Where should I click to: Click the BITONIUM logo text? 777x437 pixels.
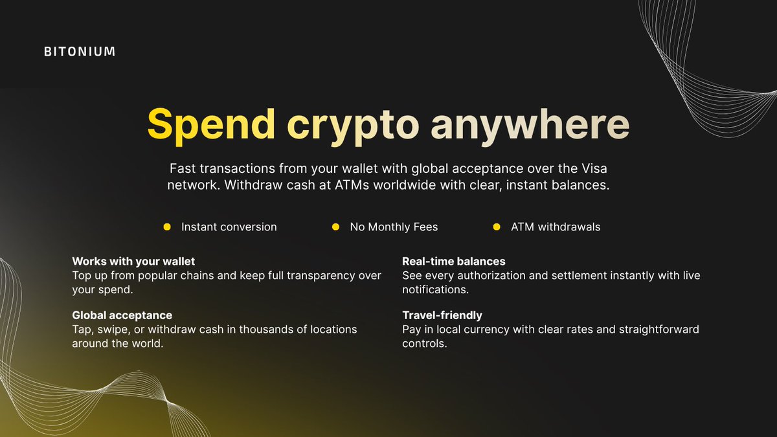coord(80,51)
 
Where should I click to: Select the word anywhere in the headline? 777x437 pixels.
coord(530,124)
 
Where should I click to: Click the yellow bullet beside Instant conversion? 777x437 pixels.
coord(166,227)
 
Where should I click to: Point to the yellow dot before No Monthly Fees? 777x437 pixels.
coord(335,227)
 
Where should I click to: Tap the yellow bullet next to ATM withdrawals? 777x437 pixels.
coord(497,227)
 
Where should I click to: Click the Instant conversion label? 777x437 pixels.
coord(229,227)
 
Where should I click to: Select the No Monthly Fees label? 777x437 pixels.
coord(394,227)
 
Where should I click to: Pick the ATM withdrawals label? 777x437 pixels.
coord(556,227)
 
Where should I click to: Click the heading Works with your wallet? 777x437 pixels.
coord(133,262)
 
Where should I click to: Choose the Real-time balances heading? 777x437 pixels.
coord(453,262)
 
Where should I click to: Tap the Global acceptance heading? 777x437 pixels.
coord(122,315)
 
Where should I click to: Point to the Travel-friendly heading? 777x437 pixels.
coord(442,315)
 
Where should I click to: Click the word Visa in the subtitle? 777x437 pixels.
coord(594,168)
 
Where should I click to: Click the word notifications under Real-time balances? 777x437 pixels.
coord(434,289)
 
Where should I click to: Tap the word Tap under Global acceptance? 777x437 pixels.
coord(82,330)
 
